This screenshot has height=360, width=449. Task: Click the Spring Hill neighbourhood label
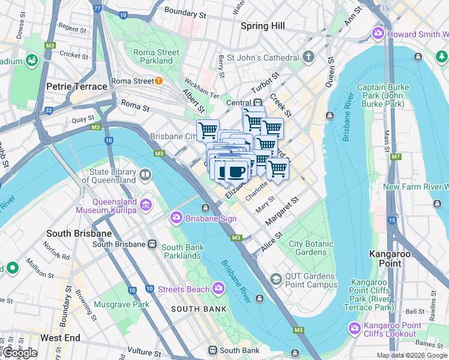pyautogui.click(x=262, y=26)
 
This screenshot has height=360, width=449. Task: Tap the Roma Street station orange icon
pyautogui.click(x=158, y=81)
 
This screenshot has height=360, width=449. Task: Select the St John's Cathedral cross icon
pyautogui.click(x=309, y=58)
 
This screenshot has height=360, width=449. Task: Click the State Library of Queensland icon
pyautogui.click(x=145, y=175)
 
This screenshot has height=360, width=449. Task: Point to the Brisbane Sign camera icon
pyautogui.click(x=176, y=217)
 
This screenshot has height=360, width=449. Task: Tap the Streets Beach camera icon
pyautogui.click(x=218, y=289)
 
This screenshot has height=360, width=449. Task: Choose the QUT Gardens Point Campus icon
pyautogui.click(x=276, y=279)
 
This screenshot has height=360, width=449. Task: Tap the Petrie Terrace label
pyautogui.click(x=76, y=86)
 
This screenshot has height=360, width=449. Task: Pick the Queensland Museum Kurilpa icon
pyautogui.click(x=145, y=206)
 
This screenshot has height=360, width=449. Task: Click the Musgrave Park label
pyautogui.click(x=124, y=304)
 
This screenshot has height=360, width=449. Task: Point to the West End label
pyautogui.click(x=60, y=338)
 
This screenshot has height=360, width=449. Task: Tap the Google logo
pyautogui.click(x=20, y=353)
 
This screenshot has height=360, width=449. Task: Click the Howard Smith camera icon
pyautogui.click(x=378, y=33)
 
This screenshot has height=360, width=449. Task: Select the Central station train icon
pyautogui.click(x=258, y=103)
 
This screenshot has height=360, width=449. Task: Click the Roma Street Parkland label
pyautogui.click(x=156, y=56)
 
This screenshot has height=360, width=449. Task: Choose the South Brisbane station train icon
pyautogui.click(x=152, y=244)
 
